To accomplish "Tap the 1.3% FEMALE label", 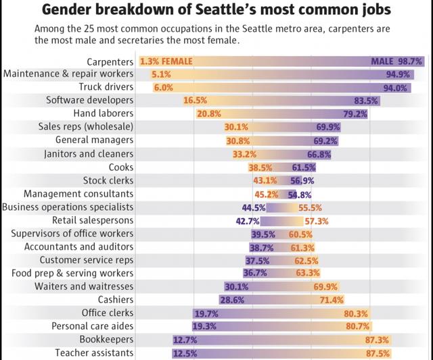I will (x=166, y=61).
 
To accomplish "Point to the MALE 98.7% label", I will (x=397, y=61).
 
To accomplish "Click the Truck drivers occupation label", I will (x=106, y=88).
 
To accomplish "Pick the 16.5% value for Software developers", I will (x=194, y=101).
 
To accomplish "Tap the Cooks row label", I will (x=121, y=167).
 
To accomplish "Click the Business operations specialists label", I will (x=68, y=207).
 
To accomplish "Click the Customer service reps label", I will (x=87, y=260).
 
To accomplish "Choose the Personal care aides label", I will (x=93, y=326).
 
